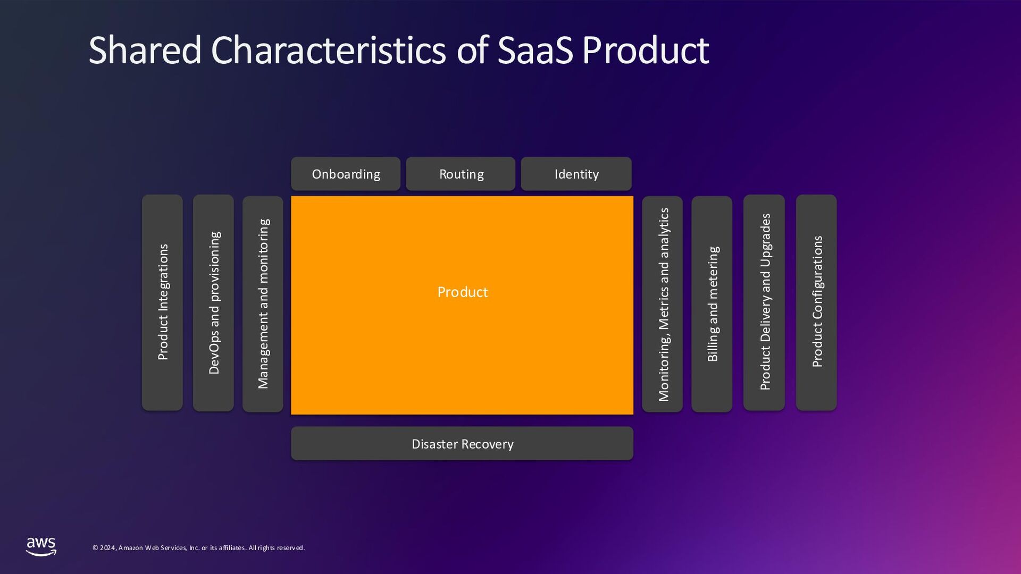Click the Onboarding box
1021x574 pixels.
click(346, 174)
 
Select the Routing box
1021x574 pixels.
click(461, 174)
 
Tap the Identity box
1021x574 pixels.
click(576, 174)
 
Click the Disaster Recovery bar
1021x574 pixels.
click(462, 443)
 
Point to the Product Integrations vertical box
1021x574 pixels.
click(162, 302)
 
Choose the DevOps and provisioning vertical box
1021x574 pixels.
click(213, 302)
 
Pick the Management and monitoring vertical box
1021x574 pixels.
click(263, 303)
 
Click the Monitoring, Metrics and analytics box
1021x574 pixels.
click(663, 303)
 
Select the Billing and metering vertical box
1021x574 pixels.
click(712, 303)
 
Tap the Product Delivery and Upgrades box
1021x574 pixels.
click(764, 302)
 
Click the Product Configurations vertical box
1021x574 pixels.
click(816, 302)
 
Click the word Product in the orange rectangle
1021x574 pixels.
click(462, 292)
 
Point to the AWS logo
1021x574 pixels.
click(41, 546)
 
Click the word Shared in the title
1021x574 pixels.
click(145, 50)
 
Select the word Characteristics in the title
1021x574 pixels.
click(328, 50)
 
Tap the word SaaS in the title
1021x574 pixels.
click(535, 50)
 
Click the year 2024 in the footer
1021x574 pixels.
click(108, 548)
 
